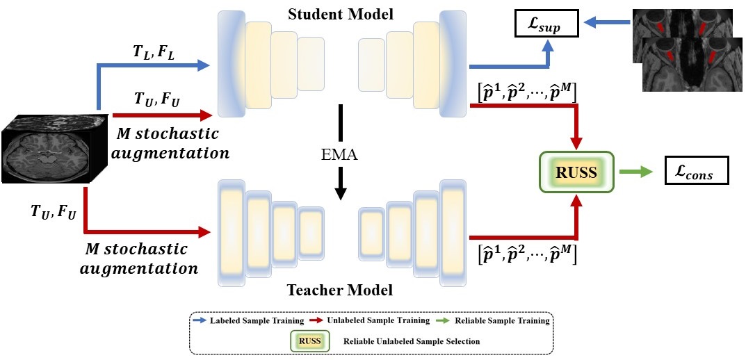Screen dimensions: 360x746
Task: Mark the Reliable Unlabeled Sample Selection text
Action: (x=412, y=341)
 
